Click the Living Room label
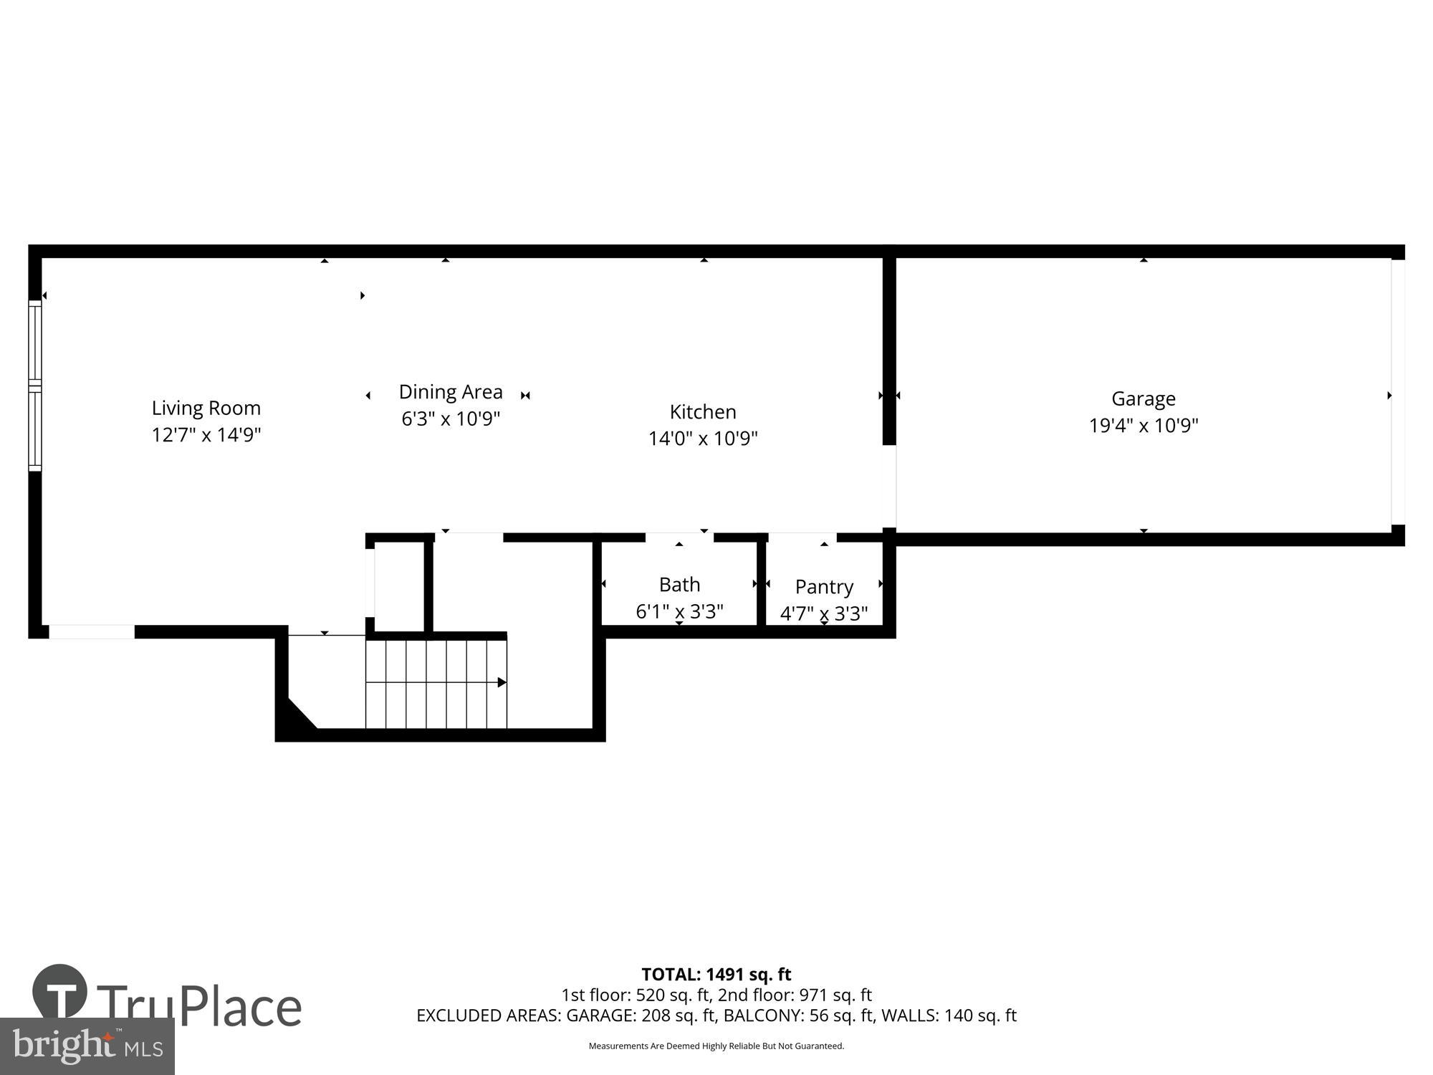(x=206, y=408)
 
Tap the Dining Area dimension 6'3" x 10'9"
(x=450, y=419)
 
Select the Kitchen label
(x=702, y=411)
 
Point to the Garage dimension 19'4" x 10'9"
(x=1143, y=425)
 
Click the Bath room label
(x=679, y=585)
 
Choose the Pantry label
(x=824, y=587)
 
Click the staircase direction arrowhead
(x=502, y=682)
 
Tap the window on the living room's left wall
(x=35, y=386)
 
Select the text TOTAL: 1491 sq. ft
(x=716, y=974)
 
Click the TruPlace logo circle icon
(x=60, y=992)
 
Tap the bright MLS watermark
(x=87, y=1046)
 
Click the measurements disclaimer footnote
(x=716, y=1046)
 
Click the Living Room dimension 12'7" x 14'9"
(x=206, y=435)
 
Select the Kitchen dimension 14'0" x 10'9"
(x=702, y=438)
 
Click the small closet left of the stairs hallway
(x=400, y=586)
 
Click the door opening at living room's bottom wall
(x=91, y=631)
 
